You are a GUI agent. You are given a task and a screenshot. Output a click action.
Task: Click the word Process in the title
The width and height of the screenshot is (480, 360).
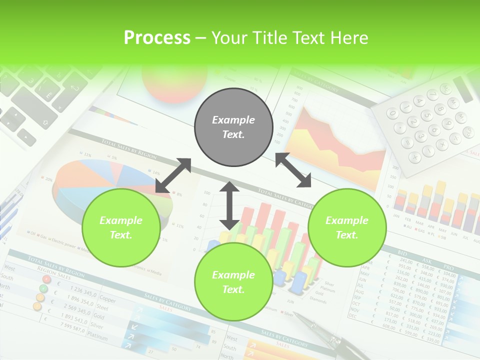point(157,38)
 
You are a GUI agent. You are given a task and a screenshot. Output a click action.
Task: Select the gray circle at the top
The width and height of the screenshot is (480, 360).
point(233,127)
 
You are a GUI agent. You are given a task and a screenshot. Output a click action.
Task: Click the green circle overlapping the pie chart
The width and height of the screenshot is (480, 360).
point(121,227)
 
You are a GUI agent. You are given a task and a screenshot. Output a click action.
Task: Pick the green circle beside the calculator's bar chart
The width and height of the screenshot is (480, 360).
point(347,227)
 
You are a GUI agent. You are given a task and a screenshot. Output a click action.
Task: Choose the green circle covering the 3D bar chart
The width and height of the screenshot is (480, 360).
point(233,282)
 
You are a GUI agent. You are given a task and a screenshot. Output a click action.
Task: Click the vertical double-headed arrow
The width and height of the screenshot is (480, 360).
point(229,205)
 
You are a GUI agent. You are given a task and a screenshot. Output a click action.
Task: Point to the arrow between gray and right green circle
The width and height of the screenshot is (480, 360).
point(293,170)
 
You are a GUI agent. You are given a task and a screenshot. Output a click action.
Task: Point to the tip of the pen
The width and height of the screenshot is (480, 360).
point(295,314)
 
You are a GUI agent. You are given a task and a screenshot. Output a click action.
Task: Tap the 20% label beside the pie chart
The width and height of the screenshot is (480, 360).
point(48,178)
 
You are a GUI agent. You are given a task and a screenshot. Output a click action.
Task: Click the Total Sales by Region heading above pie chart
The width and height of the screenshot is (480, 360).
point(128,149)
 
